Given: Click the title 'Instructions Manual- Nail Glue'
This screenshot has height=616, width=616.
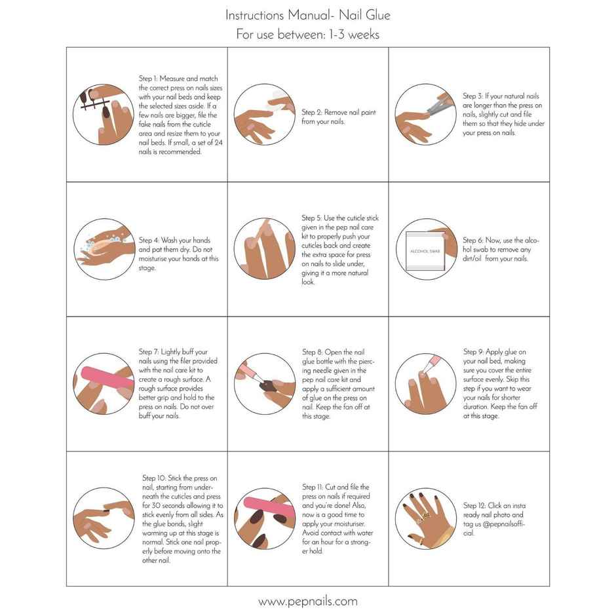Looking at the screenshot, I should (x=307, y=14).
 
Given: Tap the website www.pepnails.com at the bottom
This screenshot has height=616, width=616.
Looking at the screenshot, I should (x=307, y=601).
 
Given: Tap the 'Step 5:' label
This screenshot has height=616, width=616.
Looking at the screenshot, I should (x=312, y=218).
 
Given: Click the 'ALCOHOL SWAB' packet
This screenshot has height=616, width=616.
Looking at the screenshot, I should (x=426, y=251).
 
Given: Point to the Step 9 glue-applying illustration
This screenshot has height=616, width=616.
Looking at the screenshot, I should (x=425, y=384).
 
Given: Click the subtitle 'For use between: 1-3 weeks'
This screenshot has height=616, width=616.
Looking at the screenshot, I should (x=307, y=34).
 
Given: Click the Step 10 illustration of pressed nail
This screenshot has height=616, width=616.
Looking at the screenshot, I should (x=103, y=518).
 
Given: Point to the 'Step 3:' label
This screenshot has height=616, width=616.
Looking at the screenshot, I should (x=473, y=96).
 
